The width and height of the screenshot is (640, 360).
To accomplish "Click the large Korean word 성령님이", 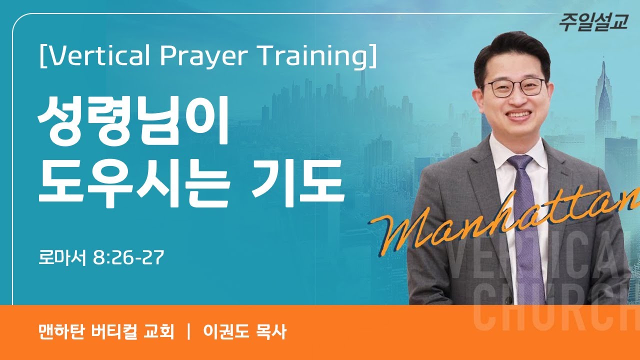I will [x=132, y=122].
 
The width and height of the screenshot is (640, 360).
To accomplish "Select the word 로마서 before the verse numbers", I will [x=63, y=258].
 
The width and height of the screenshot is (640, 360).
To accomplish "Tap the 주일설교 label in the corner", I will [x=593, y=22].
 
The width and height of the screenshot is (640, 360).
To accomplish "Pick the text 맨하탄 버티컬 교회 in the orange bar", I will [x=105, y=332].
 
